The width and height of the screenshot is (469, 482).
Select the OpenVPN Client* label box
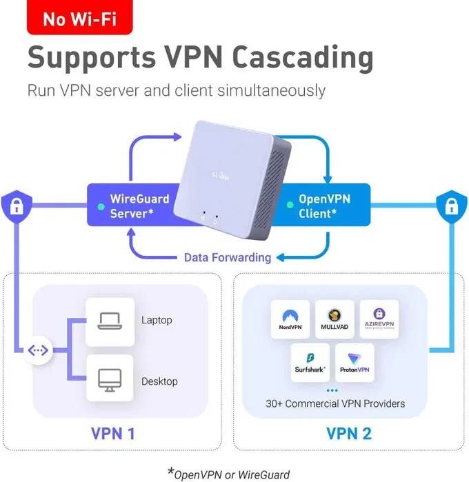(325, 206)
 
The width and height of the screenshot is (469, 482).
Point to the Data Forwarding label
(227, 257)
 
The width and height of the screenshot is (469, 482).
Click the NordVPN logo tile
(290, 319)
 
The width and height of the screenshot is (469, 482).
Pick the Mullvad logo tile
(335, 319)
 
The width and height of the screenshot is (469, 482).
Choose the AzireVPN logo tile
(379, 319)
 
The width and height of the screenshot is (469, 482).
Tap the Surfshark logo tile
(310, 363)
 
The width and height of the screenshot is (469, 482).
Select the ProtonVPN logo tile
(355, 363)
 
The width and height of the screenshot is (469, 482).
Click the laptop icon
(110, 320)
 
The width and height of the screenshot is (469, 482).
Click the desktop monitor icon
(110, 379)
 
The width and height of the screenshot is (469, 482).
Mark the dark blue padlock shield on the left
(14, 206)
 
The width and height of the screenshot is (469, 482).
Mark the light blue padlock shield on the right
(449, 206)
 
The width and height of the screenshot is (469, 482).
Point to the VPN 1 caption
(113, 434)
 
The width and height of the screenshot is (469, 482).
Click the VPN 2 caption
(350, 434)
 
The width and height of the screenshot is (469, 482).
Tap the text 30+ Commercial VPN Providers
(335, 403)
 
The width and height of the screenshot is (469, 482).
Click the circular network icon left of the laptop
(38, 350)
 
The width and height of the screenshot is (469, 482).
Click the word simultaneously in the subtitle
(275, 90)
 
